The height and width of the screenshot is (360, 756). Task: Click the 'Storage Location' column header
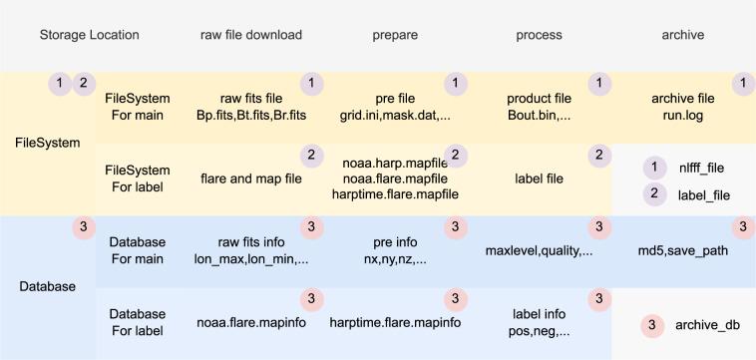89,35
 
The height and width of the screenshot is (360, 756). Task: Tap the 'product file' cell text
539,100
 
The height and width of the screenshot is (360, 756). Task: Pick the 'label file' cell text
539,180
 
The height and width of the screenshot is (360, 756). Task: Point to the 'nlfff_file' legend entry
702,169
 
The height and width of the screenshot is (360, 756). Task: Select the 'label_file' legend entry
702,196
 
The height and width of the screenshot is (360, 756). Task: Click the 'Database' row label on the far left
47,287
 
